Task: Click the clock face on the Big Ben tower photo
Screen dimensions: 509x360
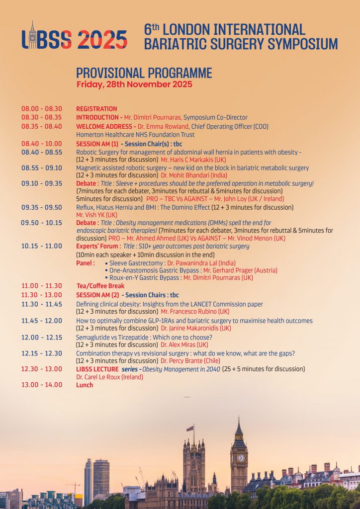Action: coord(241,457)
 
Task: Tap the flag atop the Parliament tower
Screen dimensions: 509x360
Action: coord(189,428)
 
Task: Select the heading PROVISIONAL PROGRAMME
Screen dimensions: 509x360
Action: coord(144,73)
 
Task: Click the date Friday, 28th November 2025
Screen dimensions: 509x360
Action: coord(134,85)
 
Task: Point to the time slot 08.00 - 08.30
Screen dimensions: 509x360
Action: coord(42,109)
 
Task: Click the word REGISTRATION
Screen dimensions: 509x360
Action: coord(96,109)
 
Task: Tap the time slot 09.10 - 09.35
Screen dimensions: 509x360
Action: coord(42,183)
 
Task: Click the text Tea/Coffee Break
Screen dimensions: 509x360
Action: coord(100,286)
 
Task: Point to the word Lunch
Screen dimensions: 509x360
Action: coord(85,385)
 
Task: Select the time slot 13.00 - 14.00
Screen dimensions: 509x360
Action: coord(42,385)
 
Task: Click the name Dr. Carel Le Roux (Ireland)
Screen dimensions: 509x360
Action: coord(109,377)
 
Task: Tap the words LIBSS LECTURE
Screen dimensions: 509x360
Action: coord(97,369)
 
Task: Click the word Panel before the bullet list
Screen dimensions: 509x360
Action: coord(85,263)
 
